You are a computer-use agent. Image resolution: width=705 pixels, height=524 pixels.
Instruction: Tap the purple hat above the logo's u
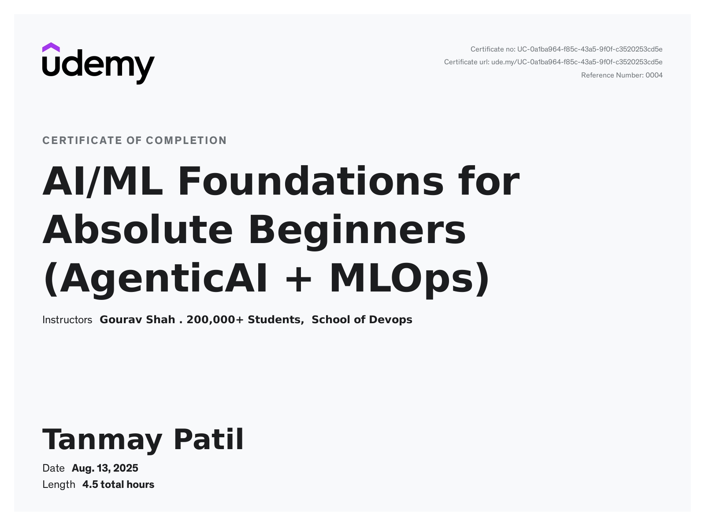click(x=51, y=47)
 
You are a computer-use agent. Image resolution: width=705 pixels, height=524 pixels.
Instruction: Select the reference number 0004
click(x=654, y=75)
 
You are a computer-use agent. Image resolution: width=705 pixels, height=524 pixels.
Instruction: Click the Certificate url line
click(x=553, y=62)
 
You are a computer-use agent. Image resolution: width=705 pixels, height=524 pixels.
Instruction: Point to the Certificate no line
click(x=566, y=49)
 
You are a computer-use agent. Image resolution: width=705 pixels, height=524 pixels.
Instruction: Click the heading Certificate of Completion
click(x=134, y=140)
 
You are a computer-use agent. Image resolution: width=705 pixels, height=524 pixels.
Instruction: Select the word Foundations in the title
click(x=311, y=181)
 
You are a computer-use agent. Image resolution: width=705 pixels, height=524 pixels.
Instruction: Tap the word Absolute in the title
click(x=137, y=230)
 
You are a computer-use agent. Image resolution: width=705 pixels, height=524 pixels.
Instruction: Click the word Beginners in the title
click(x=357, y=230)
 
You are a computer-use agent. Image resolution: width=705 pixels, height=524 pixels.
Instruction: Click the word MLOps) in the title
click(x=409, y=279)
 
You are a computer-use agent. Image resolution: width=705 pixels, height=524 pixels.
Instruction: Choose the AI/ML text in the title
click(x=102, y=181)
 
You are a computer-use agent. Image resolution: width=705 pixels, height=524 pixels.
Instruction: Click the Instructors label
click(x=67, y=320)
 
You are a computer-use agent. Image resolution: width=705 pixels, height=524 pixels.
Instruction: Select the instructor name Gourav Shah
click(x=137, y=320)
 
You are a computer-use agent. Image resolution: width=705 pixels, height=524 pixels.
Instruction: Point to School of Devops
click(x=362, y=320)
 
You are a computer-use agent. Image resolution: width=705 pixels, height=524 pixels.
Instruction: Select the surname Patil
click(x=208, y=439)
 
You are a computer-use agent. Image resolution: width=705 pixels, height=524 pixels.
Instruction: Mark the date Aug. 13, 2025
click(x=105, y=468)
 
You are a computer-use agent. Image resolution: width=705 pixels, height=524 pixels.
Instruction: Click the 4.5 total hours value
click(x=118, y=484)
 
